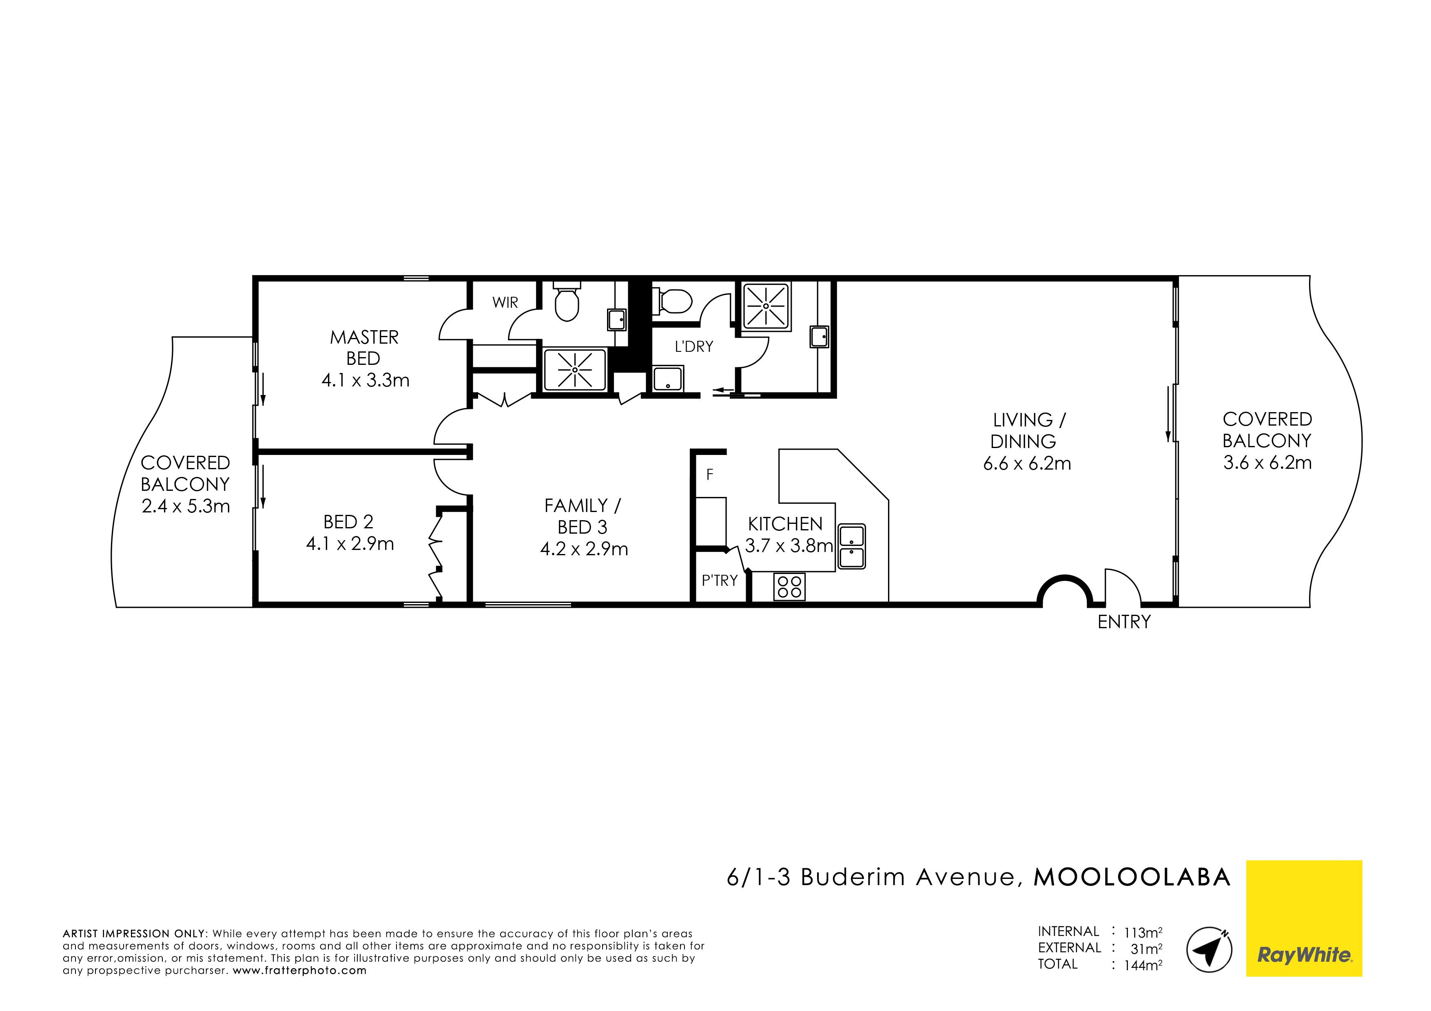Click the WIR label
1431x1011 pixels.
point(505,303)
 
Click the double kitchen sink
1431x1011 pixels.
point(851,546)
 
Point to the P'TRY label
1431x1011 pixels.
point(719,581)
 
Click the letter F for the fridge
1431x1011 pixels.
point(709,475)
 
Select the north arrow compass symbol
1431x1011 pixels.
point(1209,949)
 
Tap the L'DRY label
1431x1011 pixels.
point(694,347)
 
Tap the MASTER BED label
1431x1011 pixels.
point(364,348)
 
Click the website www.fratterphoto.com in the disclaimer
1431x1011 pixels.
point(300,971)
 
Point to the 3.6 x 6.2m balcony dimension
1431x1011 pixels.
point(1267,463)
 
